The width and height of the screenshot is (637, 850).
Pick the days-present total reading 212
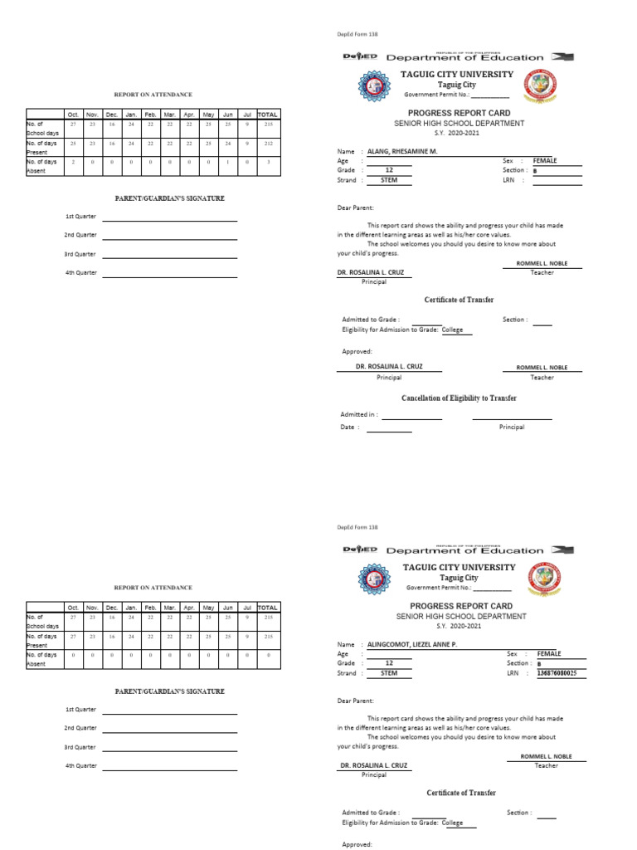(267, 144)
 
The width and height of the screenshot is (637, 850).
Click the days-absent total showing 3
(267, 162)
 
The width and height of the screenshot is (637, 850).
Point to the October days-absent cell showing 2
(73, 162)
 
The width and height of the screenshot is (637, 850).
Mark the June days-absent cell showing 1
(228, 162)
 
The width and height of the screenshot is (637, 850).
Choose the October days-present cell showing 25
(73, 144)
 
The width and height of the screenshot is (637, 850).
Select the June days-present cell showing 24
(228, 144)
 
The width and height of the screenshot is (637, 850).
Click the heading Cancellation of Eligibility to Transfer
(459, 398)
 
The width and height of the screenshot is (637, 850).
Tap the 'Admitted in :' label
(359, 413)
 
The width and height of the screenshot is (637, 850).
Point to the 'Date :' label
(350, 427)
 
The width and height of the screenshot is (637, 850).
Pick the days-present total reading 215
(267, 636)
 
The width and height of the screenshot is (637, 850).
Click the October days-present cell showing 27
(73, 636)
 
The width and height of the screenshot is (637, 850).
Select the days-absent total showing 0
(267, 655)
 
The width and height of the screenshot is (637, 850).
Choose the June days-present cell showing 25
(228, 636)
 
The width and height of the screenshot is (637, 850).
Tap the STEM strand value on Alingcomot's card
(389, 673)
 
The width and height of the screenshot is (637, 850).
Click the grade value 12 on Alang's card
(388, 170)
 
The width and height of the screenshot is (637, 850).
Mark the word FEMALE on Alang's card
(545, 160)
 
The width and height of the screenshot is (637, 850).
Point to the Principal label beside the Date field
(512, 427)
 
